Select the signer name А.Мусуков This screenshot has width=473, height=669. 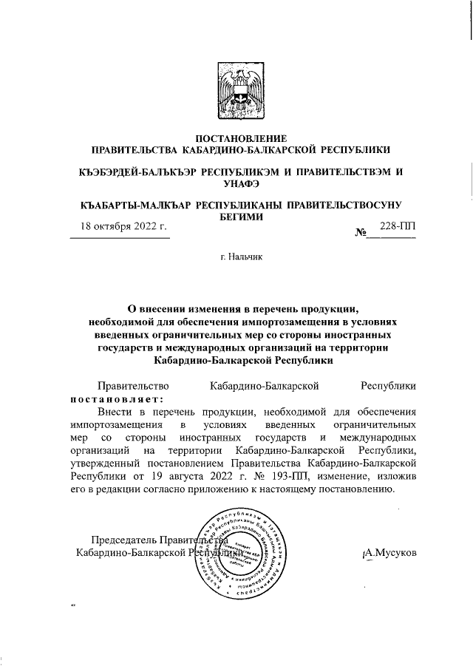click(390, 551)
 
